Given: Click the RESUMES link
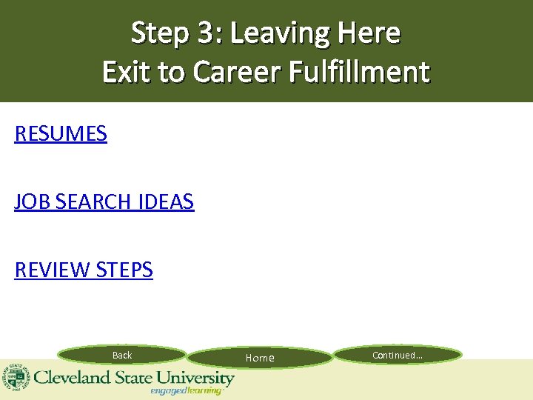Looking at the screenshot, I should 61,134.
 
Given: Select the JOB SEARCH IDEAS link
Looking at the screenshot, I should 104,201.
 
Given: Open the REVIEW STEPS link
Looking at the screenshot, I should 84,270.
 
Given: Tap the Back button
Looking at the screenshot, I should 122,356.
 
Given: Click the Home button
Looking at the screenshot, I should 260,359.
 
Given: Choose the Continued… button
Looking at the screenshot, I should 398,356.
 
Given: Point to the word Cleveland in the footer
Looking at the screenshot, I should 71,378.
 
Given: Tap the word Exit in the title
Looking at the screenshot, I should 127,72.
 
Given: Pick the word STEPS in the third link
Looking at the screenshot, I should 124,270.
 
